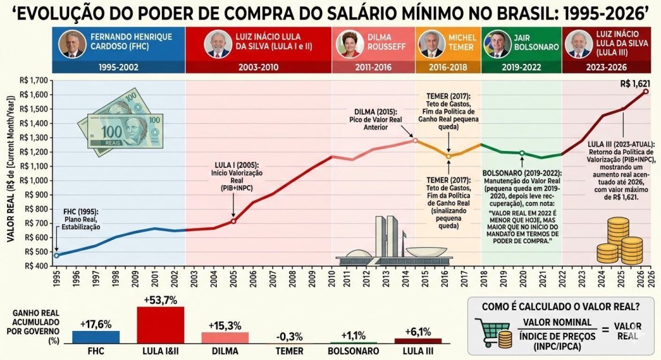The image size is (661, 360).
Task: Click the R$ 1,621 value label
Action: coord(635,83)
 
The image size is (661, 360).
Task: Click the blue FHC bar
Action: coord(96,336)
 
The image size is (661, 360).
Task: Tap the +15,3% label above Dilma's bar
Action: coord(225,324)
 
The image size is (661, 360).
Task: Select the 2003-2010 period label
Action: coord(258,67)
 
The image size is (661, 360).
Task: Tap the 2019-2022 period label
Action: coord(522,67)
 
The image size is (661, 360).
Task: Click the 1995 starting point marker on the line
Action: coord(56,255)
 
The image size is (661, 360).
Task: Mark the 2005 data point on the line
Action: coord(234,221)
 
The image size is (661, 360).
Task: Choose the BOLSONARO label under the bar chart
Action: coord(354,352)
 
